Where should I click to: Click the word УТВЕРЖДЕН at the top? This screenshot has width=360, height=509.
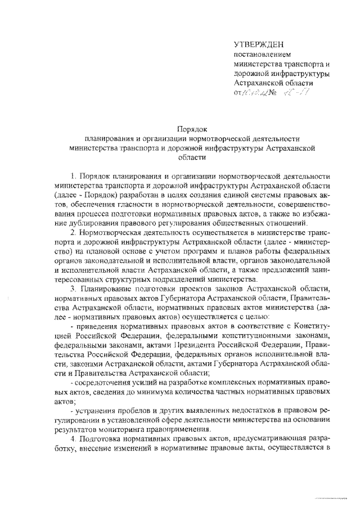259,43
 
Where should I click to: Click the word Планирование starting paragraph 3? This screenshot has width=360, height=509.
107,289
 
